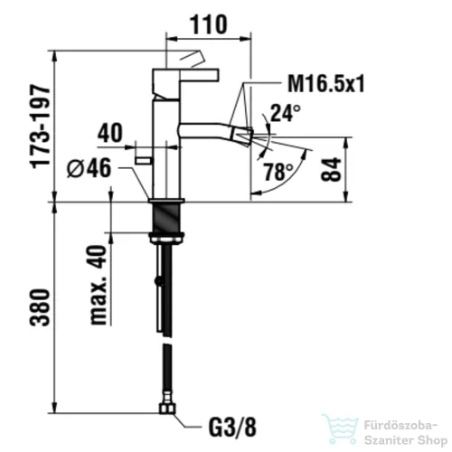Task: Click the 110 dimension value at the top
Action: (x=208, y=24)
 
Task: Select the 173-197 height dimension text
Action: (x=40, y=127)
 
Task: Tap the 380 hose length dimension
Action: (x=40, y=307)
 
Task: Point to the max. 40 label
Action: (x=99, y=285)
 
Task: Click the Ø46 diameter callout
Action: (x=89, y=168)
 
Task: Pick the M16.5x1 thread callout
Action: (x=326, y=84)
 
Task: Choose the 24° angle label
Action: (x=286, y=113)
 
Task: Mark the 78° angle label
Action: (x=278, y=172)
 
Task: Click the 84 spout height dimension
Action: (x=331, y=169)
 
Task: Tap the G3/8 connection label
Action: (x=232, y=427)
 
